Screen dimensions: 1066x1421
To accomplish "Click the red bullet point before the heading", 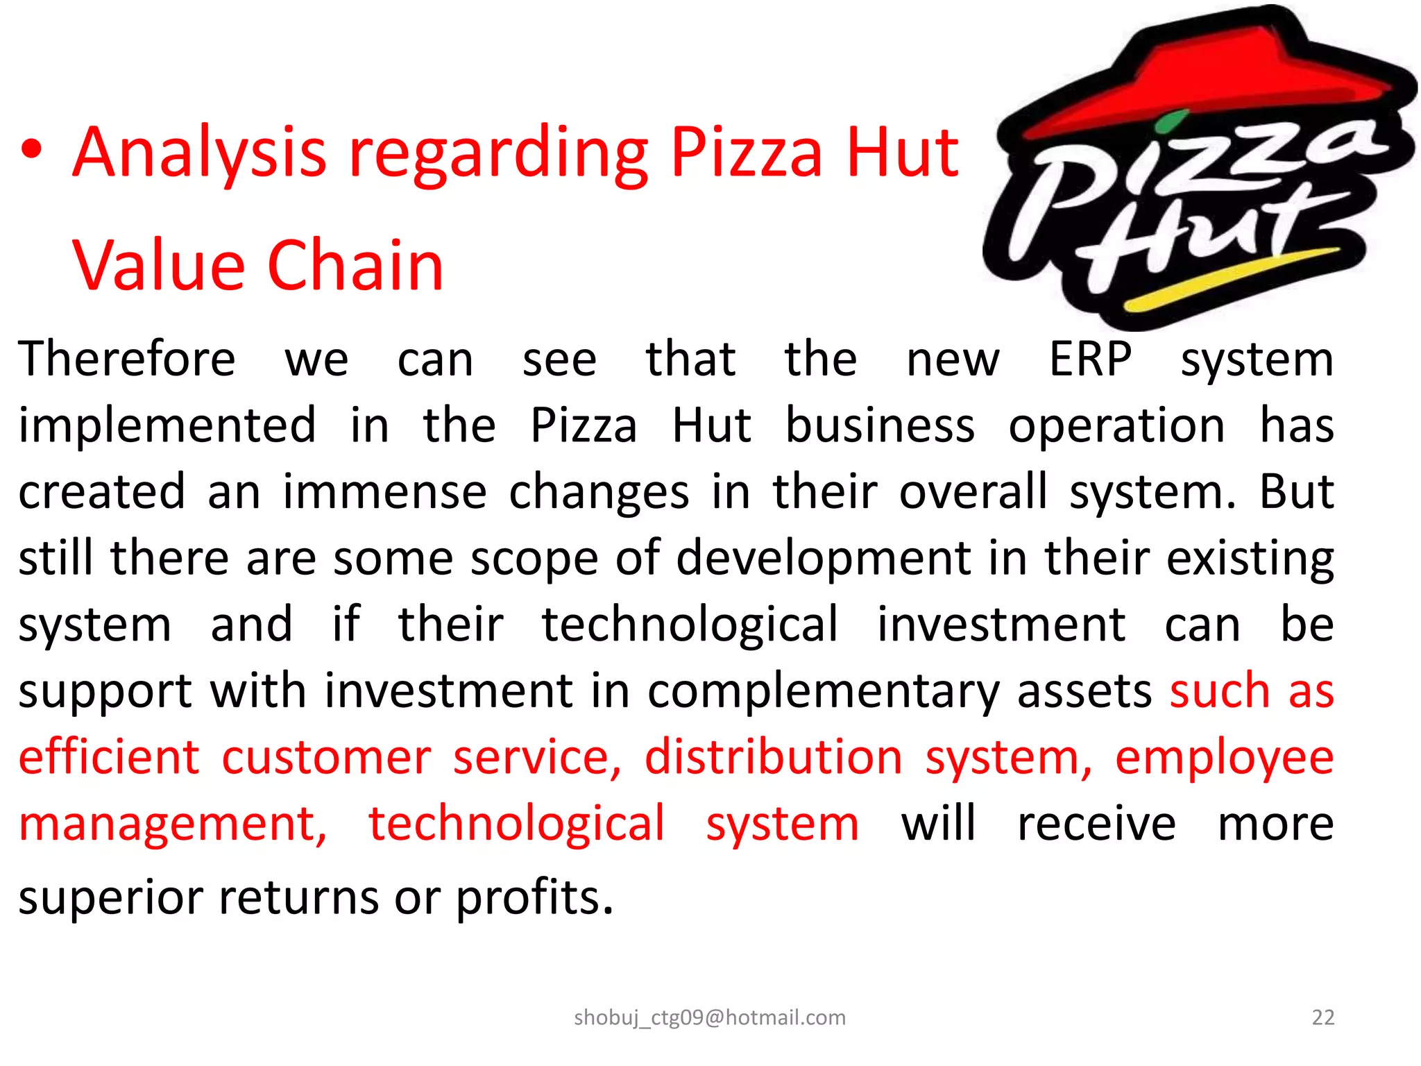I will (33, 151).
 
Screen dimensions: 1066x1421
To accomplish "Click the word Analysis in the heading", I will (199, 153).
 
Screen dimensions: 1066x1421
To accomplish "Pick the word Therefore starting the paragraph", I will (127, 359).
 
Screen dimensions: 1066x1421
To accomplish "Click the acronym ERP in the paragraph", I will (1090, 359).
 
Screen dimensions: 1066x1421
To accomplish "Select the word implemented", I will (167, 425).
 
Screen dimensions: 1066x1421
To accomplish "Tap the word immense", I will (384, 492).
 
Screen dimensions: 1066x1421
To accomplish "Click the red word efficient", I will (109, 756).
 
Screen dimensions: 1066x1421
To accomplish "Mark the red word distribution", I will (774, 756).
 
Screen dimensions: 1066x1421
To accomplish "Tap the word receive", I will (1096, 824).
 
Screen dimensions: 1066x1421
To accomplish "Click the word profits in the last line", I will (534, 897).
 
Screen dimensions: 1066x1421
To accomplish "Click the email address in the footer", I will (710, 1017).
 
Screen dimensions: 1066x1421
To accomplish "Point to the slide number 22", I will (1322, 1017).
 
